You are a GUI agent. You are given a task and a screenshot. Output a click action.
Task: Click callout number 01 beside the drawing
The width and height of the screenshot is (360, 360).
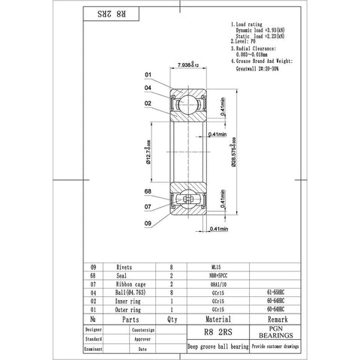[x=148, y=75]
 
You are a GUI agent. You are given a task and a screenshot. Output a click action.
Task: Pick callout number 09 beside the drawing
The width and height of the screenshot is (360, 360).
[x=148, y=223]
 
